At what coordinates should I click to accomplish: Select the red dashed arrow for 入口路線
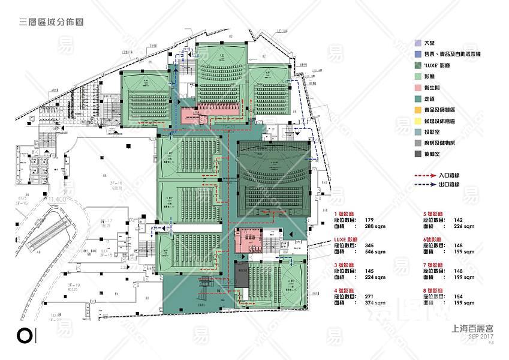point(426,175)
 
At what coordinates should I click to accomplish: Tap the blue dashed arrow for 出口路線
point(426,185)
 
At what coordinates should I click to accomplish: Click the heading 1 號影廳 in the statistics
point(345,213)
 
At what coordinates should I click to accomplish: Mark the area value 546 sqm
point(374,253)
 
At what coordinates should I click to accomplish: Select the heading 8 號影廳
point(433,290)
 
